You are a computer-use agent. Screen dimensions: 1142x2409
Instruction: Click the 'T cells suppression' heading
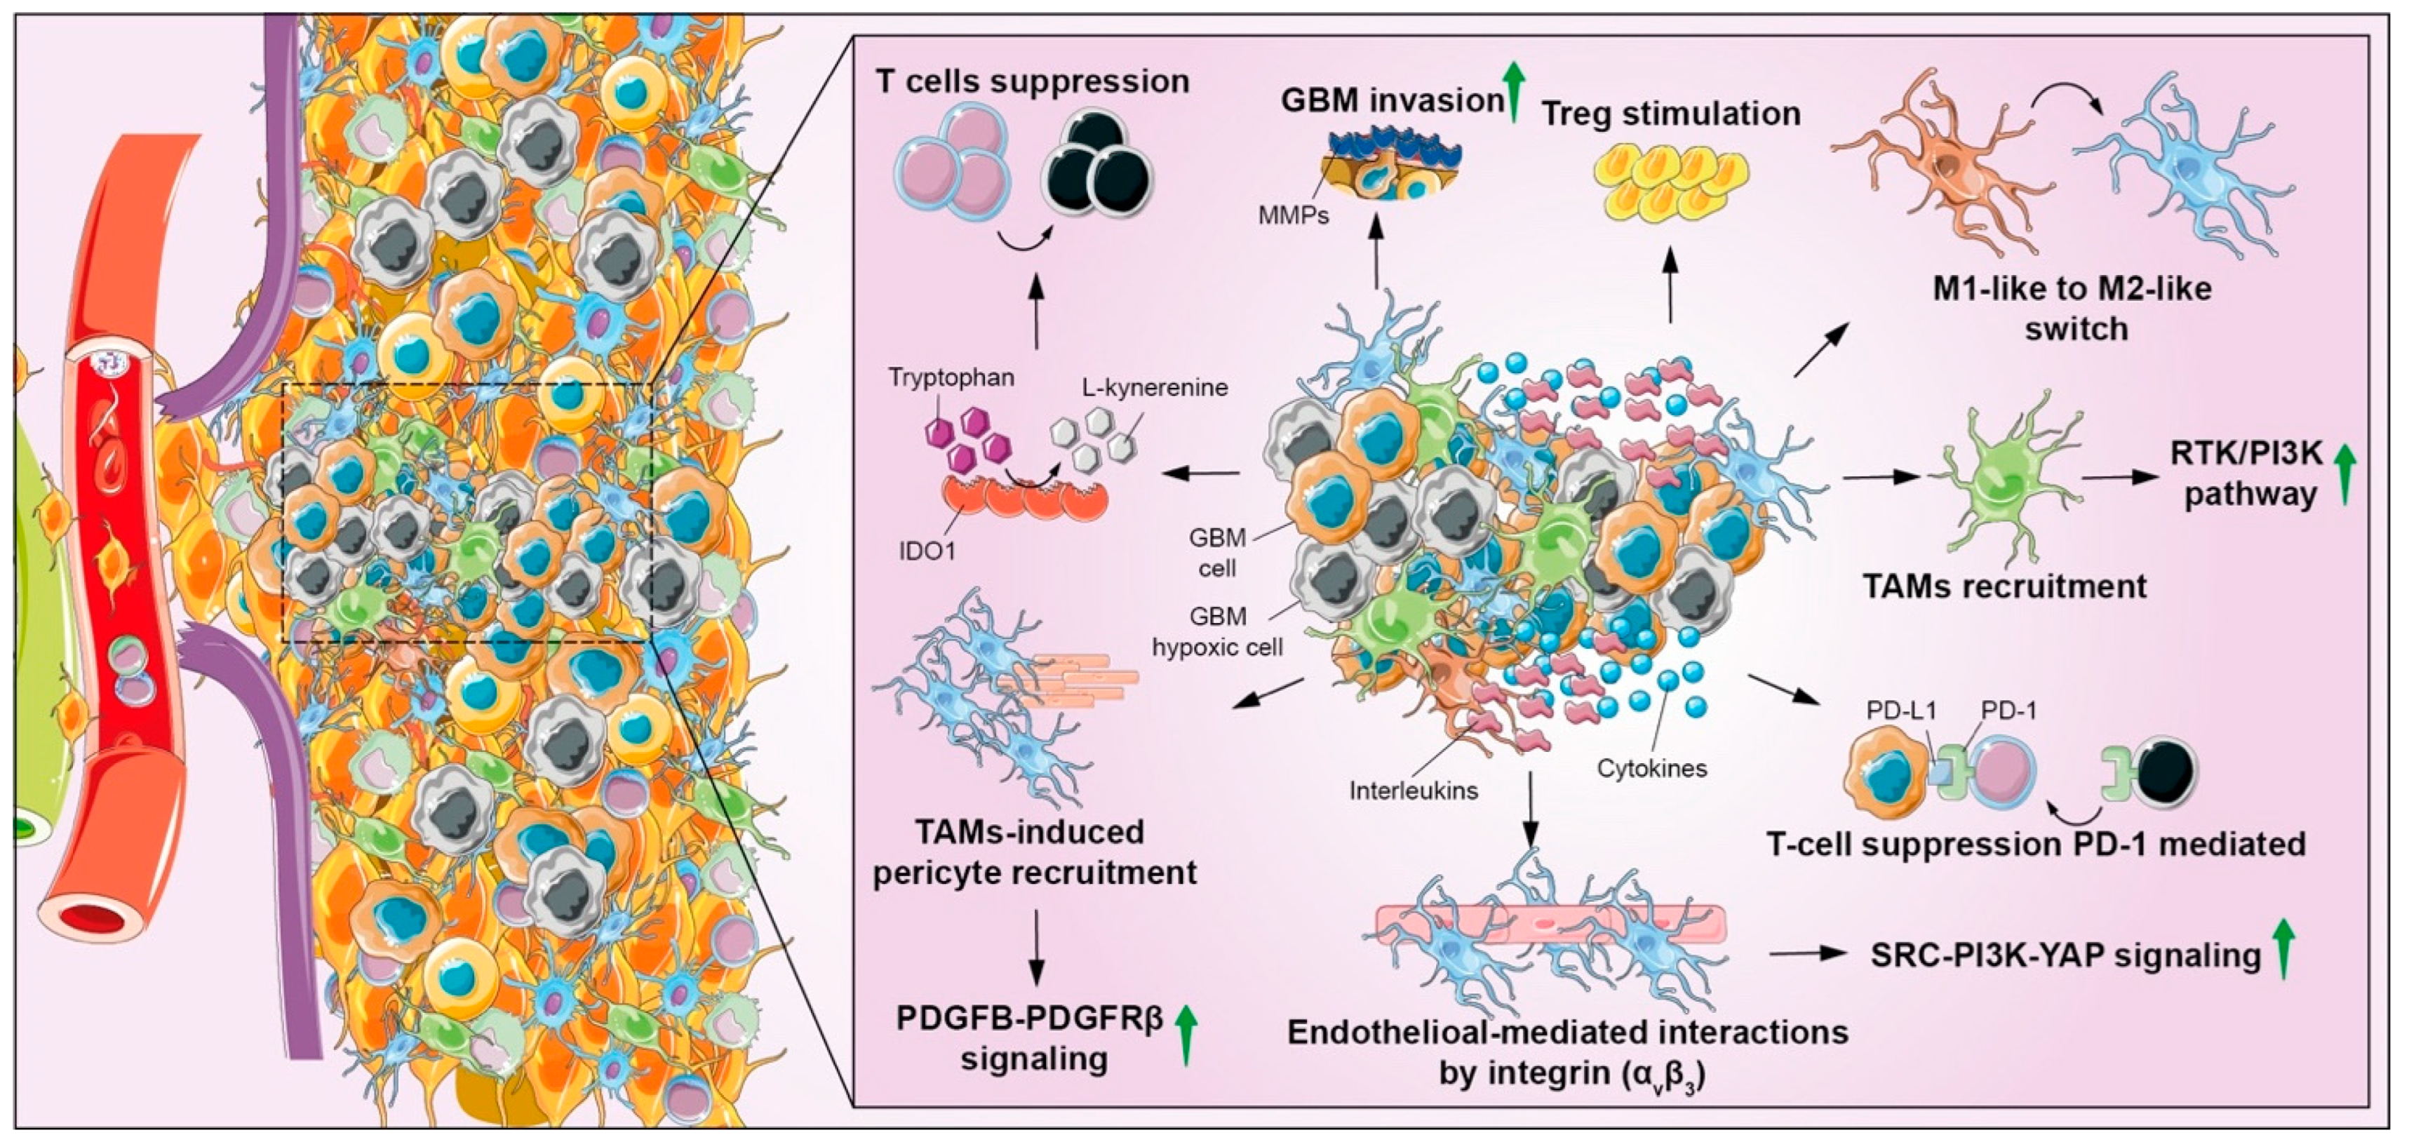point(1033,81)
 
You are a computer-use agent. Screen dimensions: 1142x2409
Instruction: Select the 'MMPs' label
point(1294,216)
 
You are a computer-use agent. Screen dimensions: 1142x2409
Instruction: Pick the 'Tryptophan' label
point(951,378)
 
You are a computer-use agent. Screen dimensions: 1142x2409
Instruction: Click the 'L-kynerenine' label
point(1155,387)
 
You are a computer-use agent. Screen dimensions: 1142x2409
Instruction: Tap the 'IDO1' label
point(927,551)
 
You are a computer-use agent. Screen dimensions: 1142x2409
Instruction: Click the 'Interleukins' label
point(1413,791)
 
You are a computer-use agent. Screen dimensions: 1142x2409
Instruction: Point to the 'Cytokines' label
point(1651,768)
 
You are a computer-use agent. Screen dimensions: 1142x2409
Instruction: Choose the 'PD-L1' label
point(1900,710)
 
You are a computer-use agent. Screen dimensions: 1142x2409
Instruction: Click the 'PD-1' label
point(2008,710)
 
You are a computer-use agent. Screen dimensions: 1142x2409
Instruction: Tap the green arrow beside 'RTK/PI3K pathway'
point(2344,473)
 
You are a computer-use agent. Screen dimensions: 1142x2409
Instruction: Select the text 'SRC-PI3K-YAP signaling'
point(2065,955)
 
